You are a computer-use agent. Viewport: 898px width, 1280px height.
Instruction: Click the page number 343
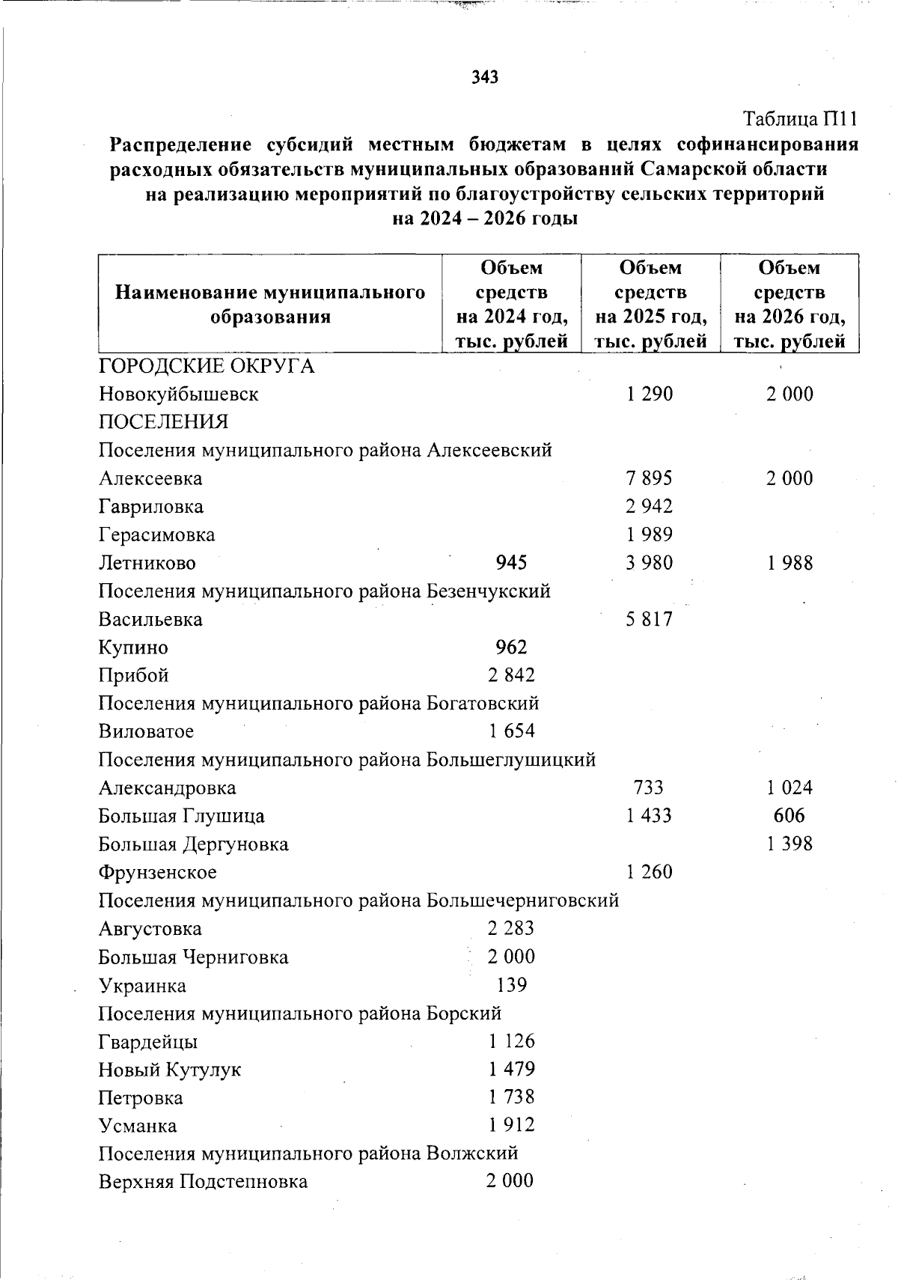pos(486,77)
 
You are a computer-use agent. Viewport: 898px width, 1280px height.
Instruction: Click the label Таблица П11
pos(798,119)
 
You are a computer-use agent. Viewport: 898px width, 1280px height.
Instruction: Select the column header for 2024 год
pos(512,304)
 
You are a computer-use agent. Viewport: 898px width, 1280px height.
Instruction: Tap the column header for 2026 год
pos(789,304)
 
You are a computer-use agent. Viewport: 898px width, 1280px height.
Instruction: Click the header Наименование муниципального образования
pos(270,304)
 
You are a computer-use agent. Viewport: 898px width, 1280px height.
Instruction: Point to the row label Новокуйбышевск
pos(179,394)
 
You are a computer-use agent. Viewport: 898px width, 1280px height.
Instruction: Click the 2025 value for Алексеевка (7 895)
pos(650,478)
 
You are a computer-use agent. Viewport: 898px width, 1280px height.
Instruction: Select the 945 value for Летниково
pos(512,563)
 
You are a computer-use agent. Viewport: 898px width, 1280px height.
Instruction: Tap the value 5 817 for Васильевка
pos(650,619)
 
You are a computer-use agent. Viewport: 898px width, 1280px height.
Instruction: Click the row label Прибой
pos(134,675)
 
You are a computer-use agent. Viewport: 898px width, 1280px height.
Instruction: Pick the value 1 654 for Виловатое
pos(512,731)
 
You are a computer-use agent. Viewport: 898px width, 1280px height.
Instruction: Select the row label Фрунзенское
pos(158,872)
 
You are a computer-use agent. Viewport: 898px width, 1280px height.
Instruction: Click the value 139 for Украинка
pos(512,984)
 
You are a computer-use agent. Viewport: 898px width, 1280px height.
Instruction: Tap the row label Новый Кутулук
pos(170,1070)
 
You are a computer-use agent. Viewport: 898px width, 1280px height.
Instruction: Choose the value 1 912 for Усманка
pos(512,1125)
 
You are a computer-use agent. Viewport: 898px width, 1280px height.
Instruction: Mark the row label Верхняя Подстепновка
pos(203,1181)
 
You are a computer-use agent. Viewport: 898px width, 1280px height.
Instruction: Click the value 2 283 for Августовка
pos(512,928)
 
